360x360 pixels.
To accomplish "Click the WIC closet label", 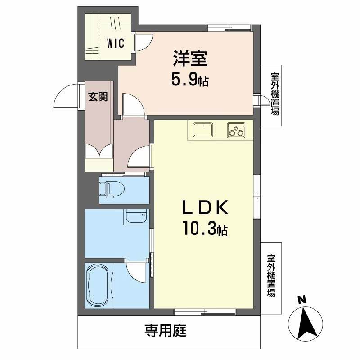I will pyautogui.click(x=116, y=44).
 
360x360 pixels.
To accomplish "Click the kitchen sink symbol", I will pyautogui.click(x=204, y=130).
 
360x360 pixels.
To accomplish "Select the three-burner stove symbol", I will pyautogui.click(x=235, y=130).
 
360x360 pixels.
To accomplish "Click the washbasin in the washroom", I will pyautogui.click(x=136, y=217).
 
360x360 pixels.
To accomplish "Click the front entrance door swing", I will pyautogui.click(x=67, y=97).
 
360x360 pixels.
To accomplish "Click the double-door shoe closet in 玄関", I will pyautogui.click(x=99, y=152).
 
